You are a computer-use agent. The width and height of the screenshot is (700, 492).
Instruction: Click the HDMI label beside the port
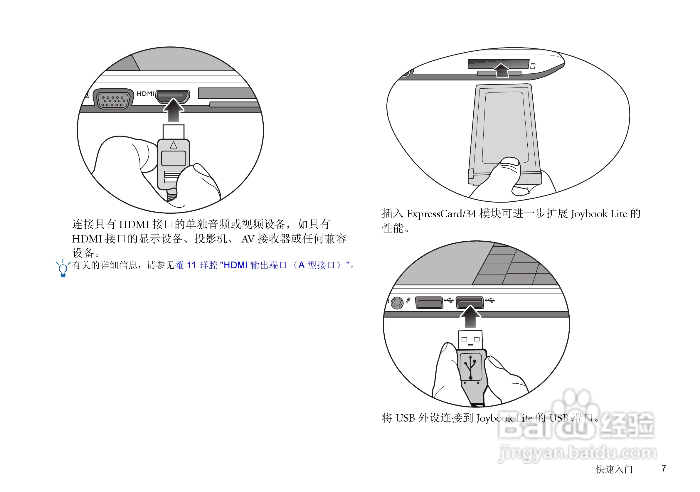click(x=145, y=94)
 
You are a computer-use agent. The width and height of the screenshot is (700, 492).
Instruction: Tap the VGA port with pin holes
click(x=113, y=100)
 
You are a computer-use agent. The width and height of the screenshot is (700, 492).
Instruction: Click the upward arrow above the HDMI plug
click(x=173, y=109)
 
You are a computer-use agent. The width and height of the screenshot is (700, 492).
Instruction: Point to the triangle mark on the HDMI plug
click(x=174, y=145)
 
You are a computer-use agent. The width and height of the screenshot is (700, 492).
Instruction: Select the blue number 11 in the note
click(x=191, y=265)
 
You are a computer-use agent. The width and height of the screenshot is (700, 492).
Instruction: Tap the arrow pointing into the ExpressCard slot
click(x=502, y=70)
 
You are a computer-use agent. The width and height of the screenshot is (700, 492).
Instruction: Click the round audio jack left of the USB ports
click(x=397, y=302)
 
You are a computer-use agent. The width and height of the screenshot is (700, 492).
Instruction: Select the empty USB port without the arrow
click(x=429, y=302)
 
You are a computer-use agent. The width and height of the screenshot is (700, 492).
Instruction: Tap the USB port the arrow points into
click(x=470, y=302)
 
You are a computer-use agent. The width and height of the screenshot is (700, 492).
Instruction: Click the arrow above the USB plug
click(x=470, y=317)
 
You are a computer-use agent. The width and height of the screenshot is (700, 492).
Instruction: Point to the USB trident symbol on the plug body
click(x=470, y=367)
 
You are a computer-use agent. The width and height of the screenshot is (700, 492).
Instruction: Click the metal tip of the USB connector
click(x=470, y=340)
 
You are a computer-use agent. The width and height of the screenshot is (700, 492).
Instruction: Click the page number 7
click(x=664, y=468)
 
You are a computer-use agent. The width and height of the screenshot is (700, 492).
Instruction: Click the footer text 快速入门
click(x=614, y=469)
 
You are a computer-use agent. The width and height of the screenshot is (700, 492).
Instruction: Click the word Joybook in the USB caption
click(x=494, y=418)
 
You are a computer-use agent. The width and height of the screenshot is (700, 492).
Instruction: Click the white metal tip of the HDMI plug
click(x=174, y=132)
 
